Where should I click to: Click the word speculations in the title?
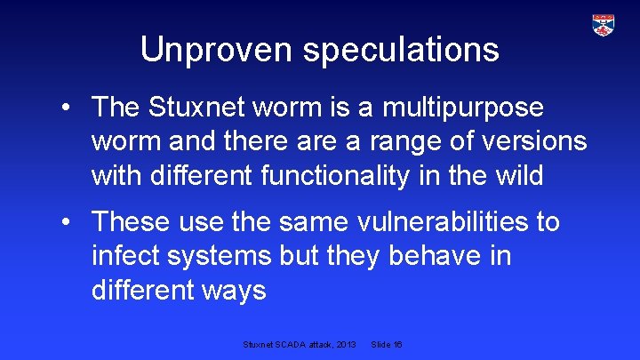401,51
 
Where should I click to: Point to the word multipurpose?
462,108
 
